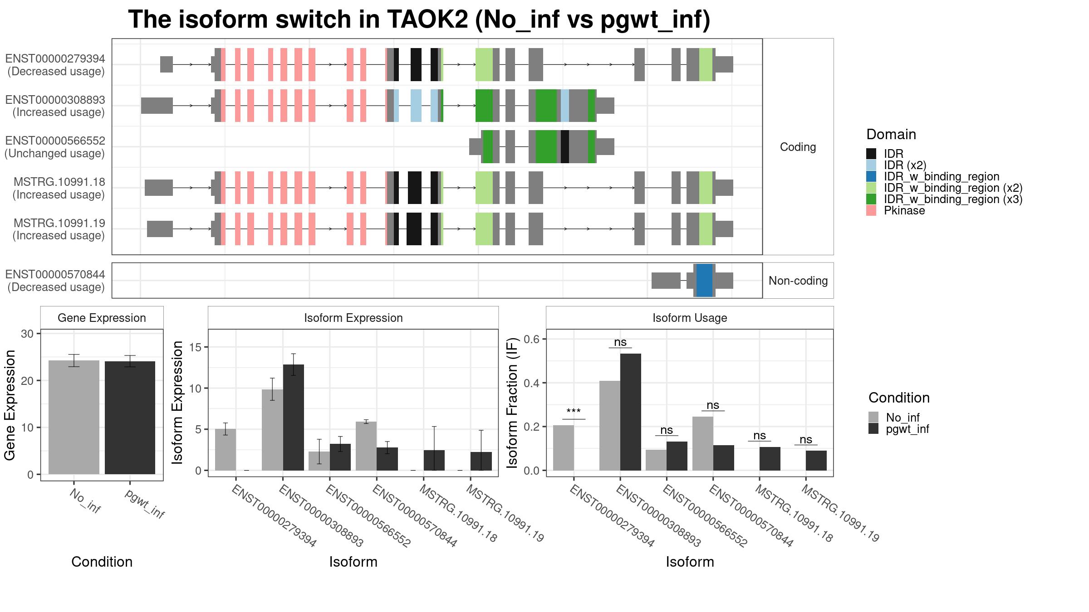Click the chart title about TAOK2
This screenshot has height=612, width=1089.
tap(419, 19)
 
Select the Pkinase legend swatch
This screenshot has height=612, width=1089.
tap(871, 210)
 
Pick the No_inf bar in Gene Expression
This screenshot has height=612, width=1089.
tap(74, 418)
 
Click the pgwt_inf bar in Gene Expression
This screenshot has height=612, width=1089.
tap(130, 418)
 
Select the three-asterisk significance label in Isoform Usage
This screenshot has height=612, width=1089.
tap(574, 412)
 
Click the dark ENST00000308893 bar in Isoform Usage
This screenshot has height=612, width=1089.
tap(631, 412)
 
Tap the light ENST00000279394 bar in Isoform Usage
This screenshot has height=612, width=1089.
tap(564, 448)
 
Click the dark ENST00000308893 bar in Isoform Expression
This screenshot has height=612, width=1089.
tap(294, 418)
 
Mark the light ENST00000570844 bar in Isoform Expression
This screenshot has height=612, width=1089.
tap(366, 446)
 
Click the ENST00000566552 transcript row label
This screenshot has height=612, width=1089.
tap(55, 147)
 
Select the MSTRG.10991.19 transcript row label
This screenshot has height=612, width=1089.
tap(59, 229)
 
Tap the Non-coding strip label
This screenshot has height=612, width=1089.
tap(798, 281)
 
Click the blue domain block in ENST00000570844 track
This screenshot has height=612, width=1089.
tap(704, 281)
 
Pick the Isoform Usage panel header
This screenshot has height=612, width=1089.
tap(690, 318)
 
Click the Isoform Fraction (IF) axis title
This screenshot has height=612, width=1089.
tap(512, 403)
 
